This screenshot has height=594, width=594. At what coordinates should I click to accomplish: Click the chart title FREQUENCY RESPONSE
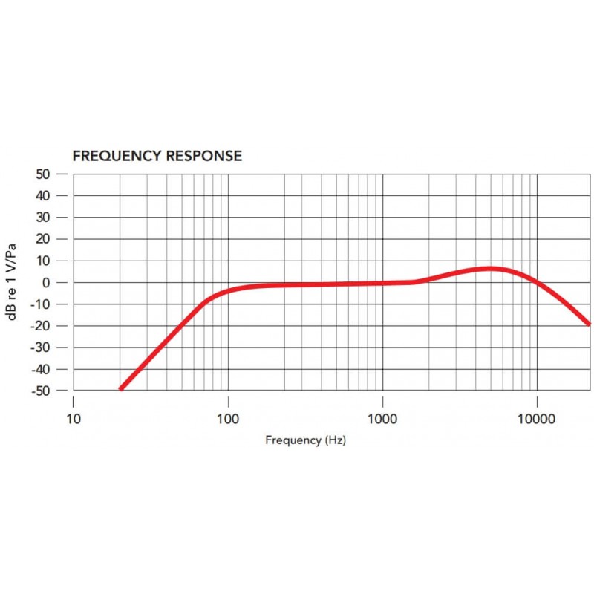(x=157, y=156)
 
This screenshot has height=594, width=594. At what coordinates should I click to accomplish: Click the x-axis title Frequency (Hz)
(x=305, y=440)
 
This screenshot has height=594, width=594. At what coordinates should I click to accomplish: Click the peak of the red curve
(x=490, y=268)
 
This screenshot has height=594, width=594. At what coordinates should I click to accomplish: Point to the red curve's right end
(x=589, y=324)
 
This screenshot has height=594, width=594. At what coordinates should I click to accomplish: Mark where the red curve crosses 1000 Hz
(x=382, y=283)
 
